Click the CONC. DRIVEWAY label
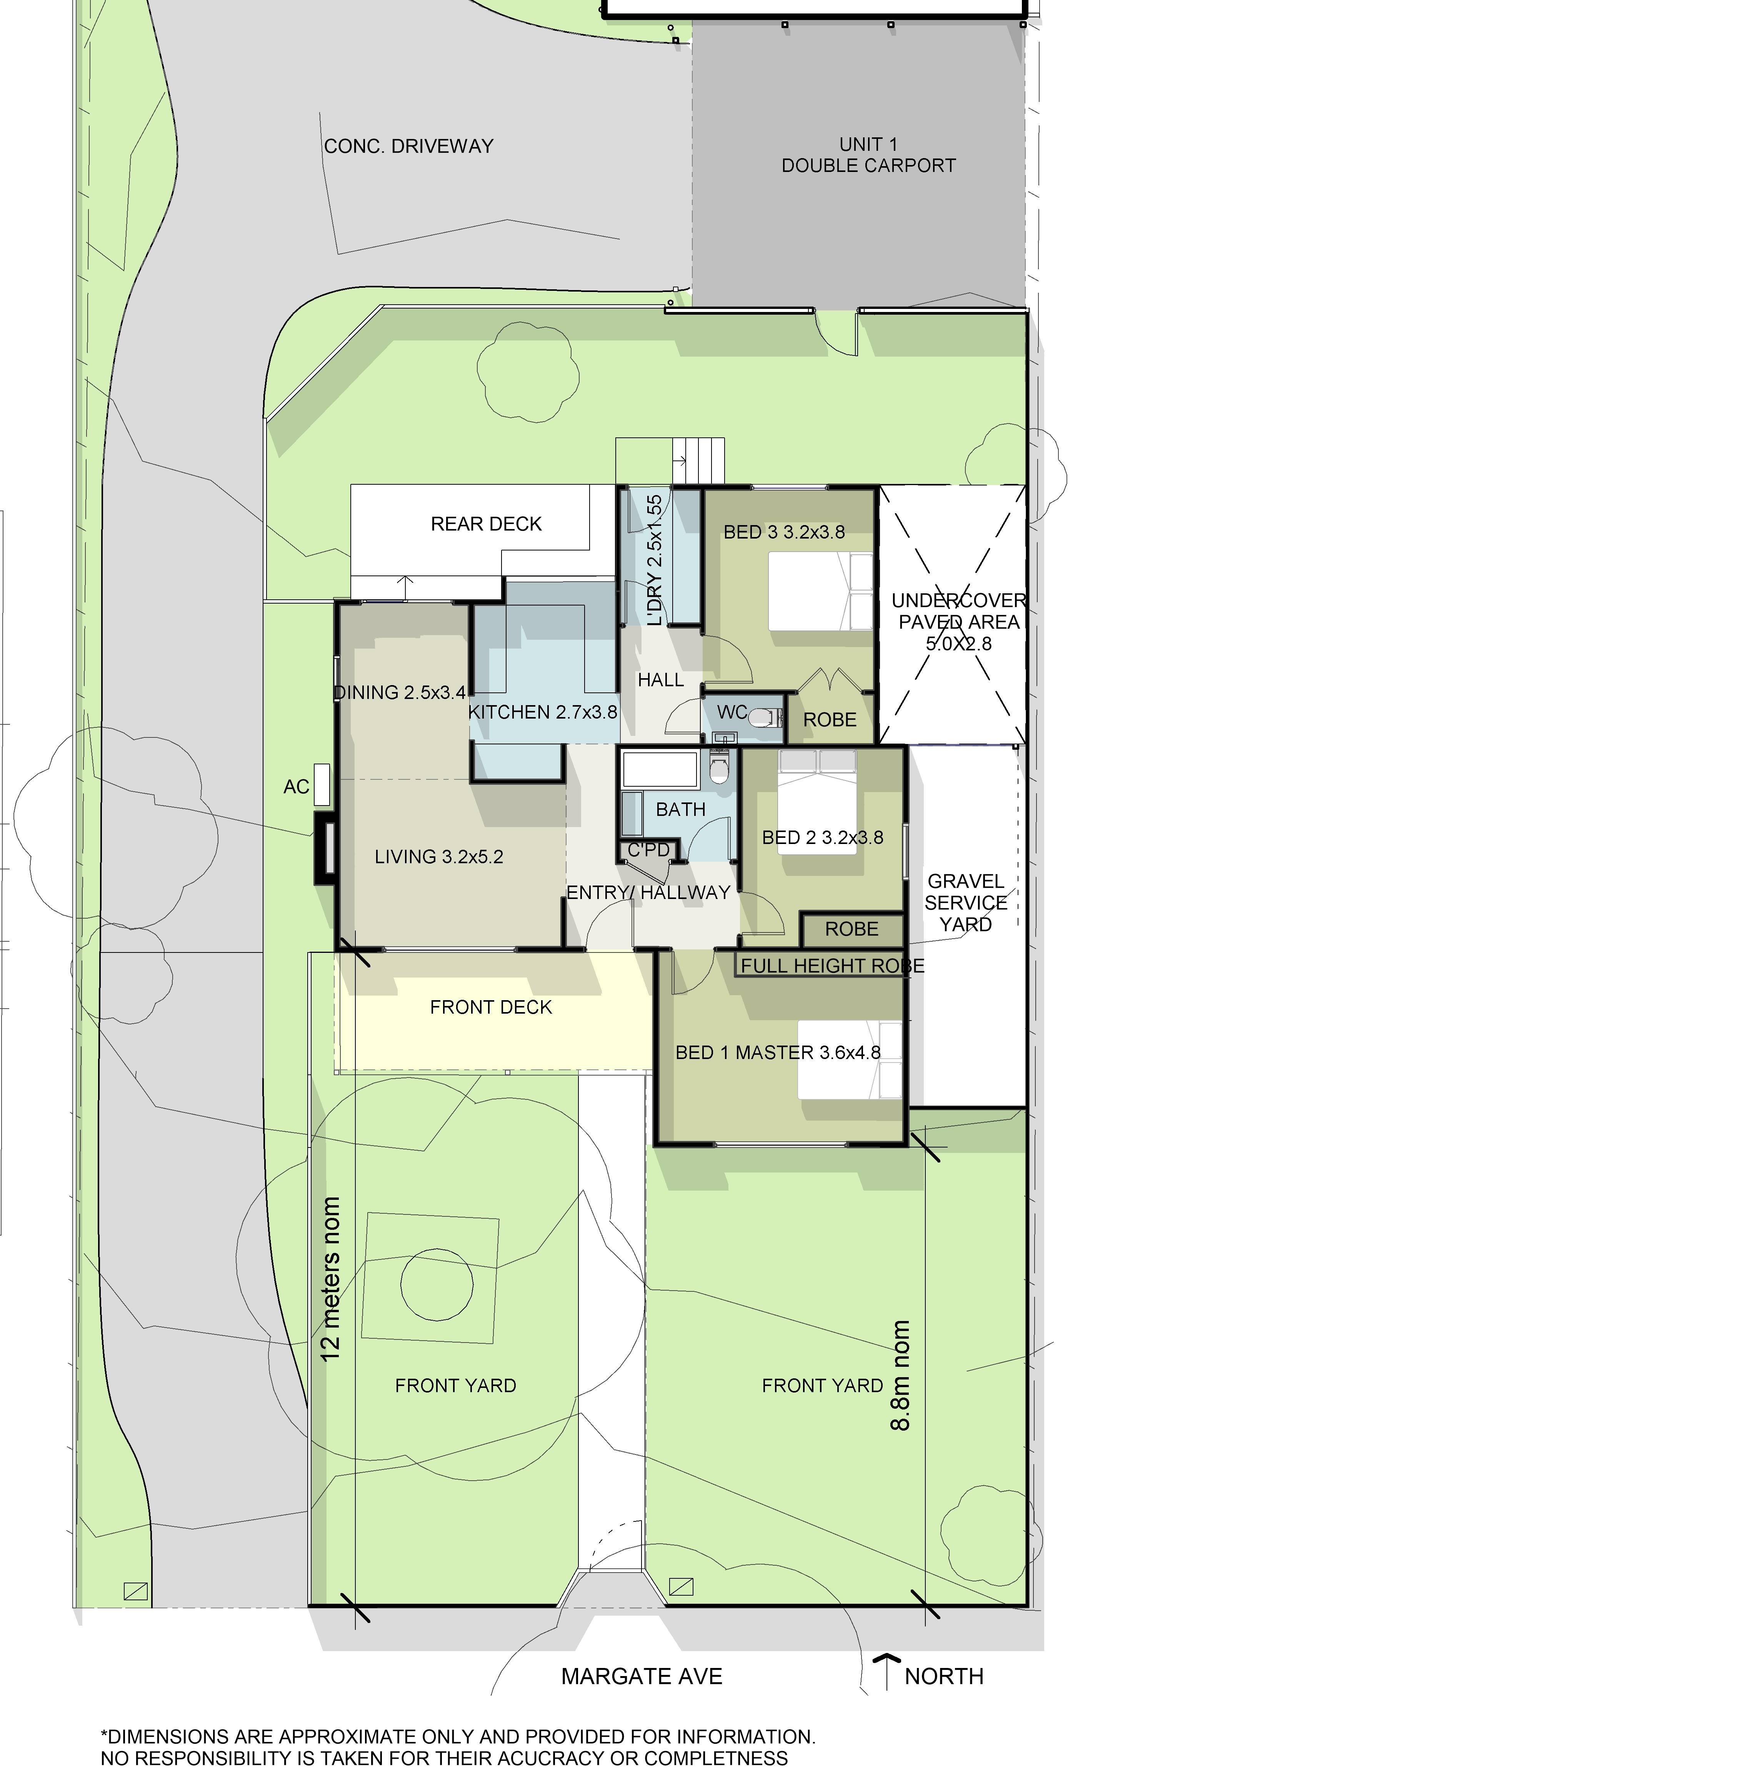point(408,147)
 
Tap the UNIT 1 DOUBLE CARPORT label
point(869,155)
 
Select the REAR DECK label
point(486,524)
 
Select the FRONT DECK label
point(491,1007)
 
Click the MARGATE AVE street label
point(642,1676)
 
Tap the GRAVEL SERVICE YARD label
point(966,903)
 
